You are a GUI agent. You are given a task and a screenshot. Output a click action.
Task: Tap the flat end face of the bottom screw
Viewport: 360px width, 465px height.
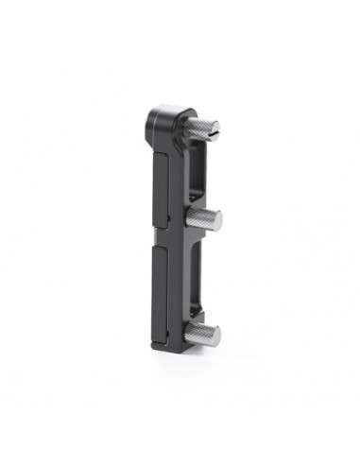tap(216, 335)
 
